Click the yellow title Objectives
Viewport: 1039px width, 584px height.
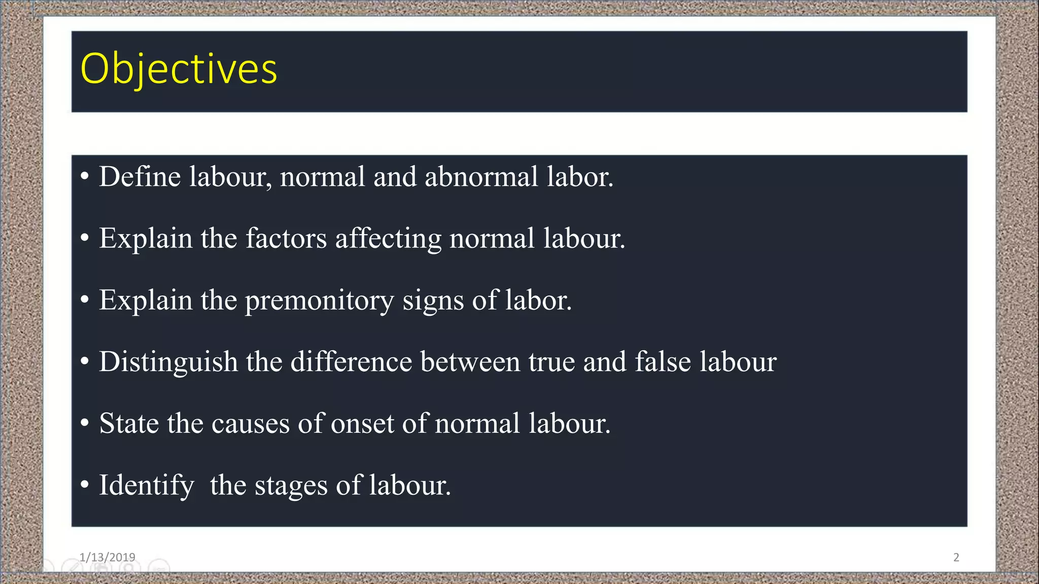click(x=179, y=69)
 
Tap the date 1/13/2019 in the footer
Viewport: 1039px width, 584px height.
click(x=107, y=557)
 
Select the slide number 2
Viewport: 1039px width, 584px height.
click(x=956, y=557)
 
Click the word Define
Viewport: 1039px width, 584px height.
click(x=140, y=177)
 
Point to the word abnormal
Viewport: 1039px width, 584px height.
click(x=481, y=177)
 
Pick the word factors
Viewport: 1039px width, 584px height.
click(x=286, y=238)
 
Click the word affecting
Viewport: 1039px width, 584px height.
click(x=388, y=239)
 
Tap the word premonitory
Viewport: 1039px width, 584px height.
click(x=319, y=301)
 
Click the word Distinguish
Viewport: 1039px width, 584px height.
click(x=168, y=362)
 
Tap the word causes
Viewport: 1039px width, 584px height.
click(x=250, y=424)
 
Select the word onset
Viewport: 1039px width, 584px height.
click(x=362, y=424)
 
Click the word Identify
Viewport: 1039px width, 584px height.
click(x=146, y=486)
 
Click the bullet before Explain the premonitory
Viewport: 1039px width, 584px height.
click(x=85, y=300)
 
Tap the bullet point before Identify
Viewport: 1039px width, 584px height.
click(x=85, y=484)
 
